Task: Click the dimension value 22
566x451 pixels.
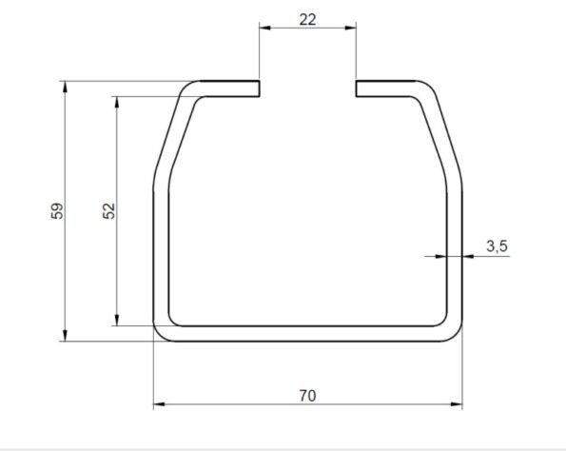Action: point(307,19)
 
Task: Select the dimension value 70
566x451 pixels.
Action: point(307,396)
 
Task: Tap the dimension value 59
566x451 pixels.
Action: point(57,211)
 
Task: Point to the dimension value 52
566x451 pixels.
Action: point(108,211)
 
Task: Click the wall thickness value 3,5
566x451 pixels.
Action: point(498,246)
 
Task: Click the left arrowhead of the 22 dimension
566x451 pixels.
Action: point(264,28)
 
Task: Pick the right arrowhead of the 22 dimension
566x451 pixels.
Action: point(350,28)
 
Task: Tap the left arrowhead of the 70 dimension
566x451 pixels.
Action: point(159,404)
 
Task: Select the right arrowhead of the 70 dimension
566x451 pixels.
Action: point(457,404)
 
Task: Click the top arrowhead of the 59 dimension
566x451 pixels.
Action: point(65,87)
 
